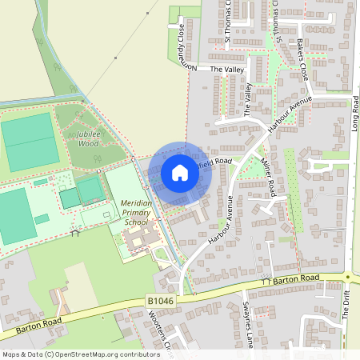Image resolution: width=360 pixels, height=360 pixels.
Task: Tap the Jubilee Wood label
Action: (x=82, y=139)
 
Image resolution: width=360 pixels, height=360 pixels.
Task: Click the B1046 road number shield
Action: (x=160, y=301)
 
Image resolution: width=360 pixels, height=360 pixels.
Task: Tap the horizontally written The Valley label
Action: (x=226, y=70)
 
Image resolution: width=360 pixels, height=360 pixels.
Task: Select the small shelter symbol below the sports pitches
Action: (x=76, y=233)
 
